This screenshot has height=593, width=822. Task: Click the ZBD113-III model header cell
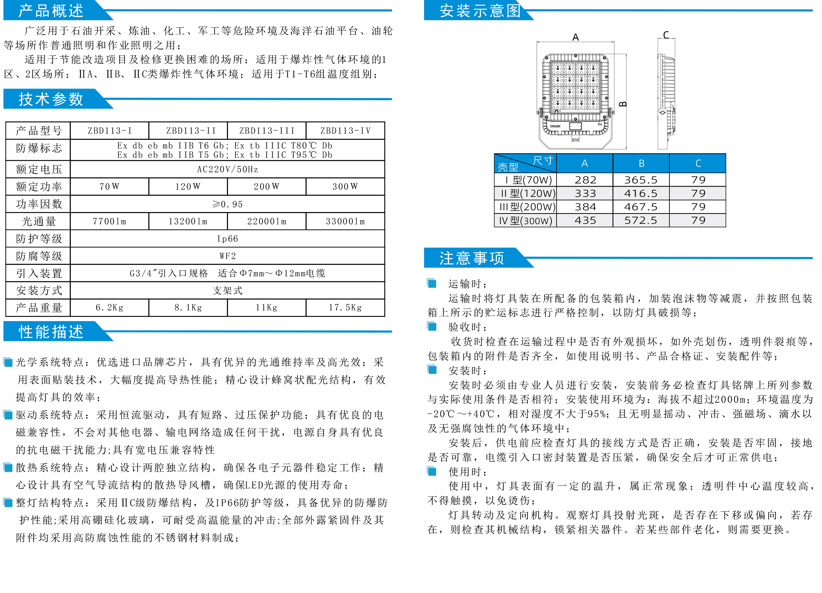tap(267, 131)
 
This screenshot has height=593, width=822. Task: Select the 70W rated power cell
tap(109, 187)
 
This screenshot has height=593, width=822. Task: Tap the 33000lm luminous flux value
tap(345, 222)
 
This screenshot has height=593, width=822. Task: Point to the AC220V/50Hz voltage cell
tap(227, 169)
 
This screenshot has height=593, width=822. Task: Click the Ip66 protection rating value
tap(227, 239)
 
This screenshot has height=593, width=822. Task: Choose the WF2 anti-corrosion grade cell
tap(227, 256)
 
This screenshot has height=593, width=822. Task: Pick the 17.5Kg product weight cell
tap(345, 308)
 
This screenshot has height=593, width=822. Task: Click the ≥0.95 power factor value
tap(227, 204)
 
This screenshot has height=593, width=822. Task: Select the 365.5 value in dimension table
tap(640, 180)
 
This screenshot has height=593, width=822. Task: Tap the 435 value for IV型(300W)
tap(585, 220)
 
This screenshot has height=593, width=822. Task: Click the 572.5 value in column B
tap(640, 220)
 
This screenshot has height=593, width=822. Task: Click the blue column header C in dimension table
tap(698, 164)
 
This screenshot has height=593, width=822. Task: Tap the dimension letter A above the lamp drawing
tap(576, 37)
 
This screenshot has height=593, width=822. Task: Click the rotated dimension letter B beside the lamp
tap(623, 104)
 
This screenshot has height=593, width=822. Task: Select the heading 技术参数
tap(51, 99)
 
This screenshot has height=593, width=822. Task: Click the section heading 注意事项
tap(472, 258)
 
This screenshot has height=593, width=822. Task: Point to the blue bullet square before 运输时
tap(431, 283)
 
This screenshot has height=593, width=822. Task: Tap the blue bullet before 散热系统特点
tap(8, 467)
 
